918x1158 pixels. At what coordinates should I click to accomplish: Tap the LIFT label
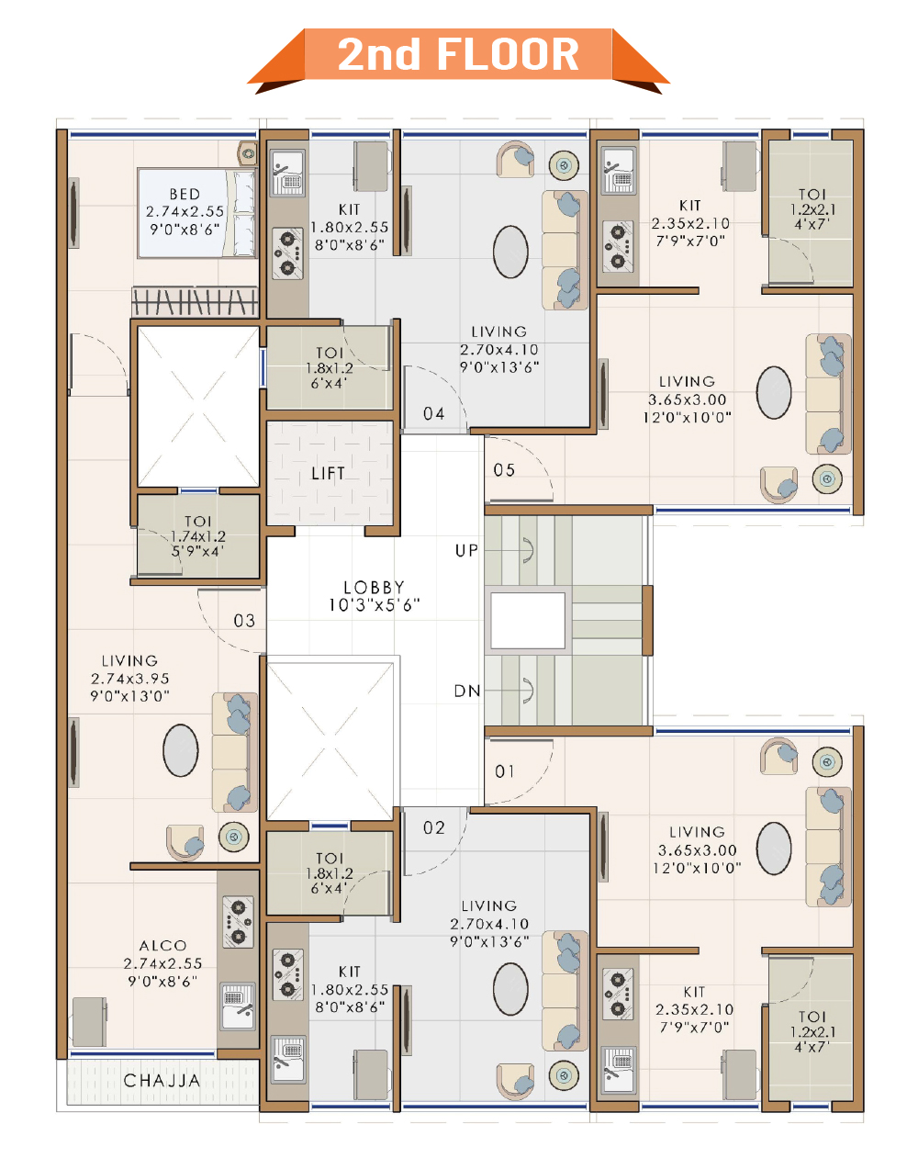point(328,474)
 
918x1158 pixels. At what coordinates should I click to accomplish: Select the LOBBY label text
point(374,587)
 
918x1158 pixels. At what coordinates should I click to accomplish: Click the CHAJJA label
point(162,1081)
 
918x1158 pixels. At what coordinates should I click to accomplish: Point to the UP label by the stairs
point(466,550)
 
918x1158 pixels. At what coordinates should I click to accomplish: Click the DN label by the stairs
point(467,691)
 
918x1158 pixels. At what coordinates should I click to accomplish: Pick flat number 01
point(505,771)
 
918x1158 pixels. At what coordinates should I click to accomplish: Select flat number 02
point(433,827)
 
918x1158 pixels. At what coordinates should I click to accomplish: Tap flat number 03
point(244,621)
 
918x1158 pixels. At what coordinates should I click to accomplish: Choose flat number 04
point(433,414)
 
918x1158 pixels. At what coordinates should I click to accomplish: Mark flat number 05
point(504,470)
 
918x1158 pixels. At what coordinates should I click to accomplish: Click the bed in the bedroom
point(197,213)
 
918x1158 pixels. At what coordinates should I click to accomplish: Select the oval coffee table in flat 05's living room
point(774,392)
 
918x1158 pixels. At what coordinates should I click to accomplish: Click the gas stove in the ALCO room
point(238,922)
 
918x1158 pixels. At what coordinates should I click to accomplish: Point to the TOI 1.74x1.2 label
point(198,536)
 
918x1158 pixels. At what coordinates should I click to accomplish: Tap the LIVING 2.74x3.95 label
point(129,678)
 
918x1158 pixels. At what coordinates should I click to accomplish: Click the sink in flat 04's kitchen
point(288,173)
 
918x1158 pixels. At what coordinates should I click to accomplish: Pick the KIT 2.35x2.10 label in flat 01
point(694,1009)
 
